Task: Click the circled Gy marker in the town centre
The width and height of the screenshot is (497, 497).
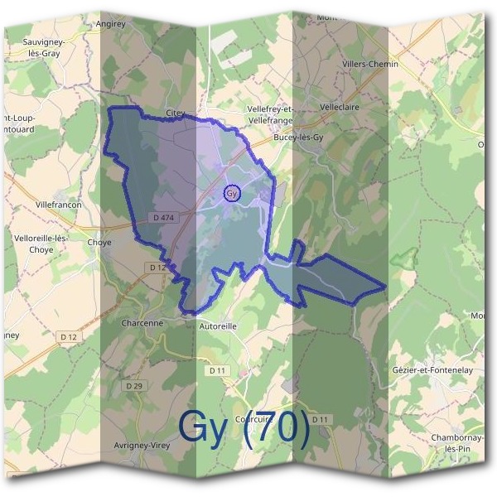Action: pyautogui.click(x=232, y=194)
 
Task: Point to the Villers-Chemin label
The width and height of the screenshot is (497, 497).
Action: pyautogui.click(x=370, y=64)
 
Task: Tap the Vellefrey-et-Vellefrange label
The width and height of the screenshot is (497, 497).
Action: pyautogui.click(x=272, y=113)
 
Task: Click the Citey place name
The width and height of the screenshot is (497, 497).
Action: pyautogui.click(x=175, y=113)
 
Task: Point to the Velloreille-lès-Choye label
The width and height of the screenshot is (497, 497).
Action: pyautogui.click(x=41, y=243)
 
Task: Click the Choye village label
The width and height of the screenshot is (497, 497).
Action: pyautogui.click(x=99, y=244)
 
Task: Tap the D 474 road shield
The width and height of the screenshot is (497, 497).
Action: pyautogui.click(x=164, y=218)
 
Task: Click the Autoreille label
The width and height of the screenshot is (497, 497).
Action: pyautogui.click(x=219, y=326)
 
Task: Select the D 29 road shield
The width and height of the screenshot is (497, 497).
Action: pyautogui.click(x=134, y=386)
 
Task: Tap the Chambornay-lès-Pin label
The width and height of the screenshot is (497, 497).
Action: pyautogui.click(x=457, y=442)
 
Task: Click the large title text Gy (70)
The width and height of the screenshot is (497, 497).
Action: pyautogui.click(x=244, y=427)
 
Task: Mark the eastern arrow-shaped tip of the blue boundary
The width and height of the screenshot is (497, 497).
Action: pyautogui.click(x=384, y=287)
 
